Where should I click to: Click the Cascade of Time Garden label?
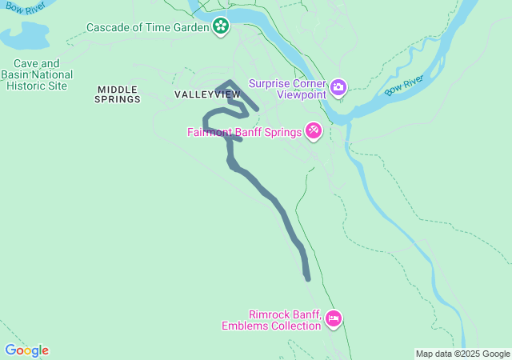click(148, 27)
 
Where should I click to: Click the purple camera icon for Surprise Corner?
click(338, 86)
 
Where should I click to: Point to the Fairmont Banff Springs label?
click(243, 133)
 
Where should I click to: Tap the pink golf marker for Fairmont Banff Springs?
click(313, 130)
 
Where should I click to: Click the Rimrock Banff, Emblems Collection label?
click(273, 320)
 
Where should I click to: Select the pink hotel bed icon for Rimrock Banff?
click(334, 319)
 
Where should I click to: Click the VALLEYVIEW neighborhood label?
click(207, 94)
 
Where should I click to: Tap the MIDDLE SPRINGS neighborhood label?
click(117, 94)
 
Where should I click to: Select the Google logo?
click(26, 350)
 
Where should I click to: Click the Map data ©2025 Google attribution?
click(462, 354)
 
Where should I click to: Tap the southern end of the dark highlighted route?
click(307, 278)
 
